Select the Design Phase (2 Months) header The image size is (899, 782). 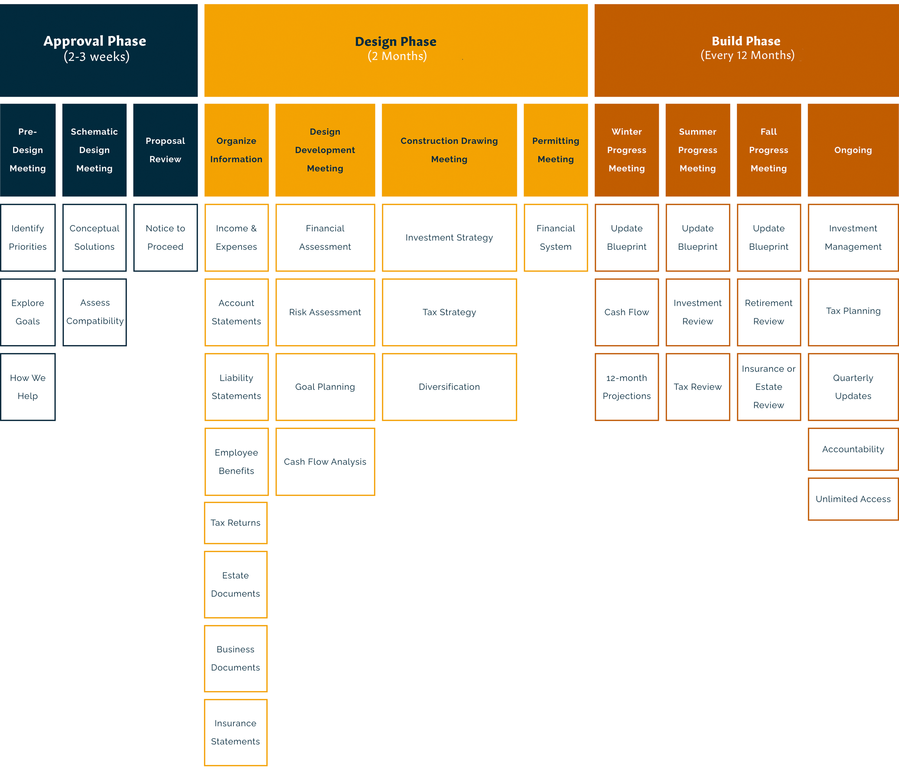396,50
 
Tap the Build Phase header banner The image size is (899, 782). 746,50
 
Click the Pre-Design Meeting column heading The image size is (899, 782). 28,150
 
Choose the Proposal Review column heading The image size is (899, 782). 165,150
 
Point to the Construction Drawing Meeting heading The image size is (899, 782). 449,150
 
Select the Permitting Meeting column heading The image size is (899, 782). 556,150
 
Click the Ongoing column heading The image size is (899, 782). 853,150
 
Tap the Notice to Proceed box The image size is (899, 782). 165,237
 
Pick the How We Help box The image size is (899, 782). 28,387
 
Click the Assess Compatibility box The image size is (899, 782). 95,312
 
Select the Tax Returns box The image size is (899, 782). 236,523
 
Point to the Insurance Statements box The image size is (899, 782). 236,732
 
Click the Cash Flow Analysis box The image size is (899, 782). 325,462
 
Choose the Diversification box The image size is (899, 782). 449,387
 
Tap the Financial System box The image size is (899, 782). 556,237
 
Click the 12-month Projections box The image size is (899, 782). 627,387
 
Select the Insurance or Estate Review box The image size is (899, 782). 768,387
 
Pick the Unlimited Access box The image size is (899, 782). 853,499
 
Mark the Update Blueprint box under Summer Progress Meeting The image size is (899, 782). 698,237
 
